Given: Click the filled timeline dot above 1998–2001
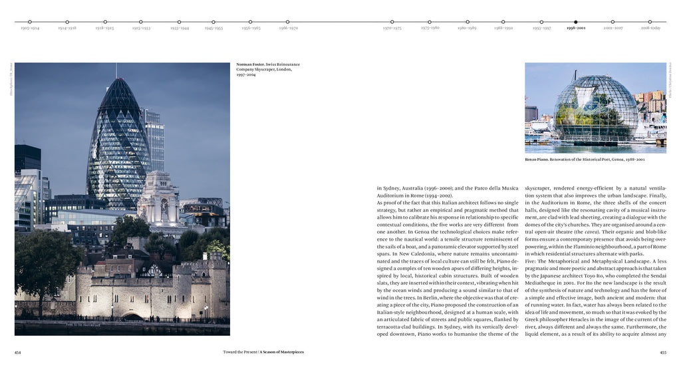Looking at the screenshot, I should (x=576, y=22).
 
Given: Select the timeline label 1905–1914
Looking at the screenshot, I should (x=30, y=29).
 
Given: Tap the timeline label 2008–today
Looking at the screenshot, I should (x=650, y=29).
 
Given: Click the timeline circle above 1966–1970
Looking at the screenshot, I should (x=288, y=22).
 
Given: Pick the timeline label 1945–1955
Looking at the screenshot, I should (x=213, y=29).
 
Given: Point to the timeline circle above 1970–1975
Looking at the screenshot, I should (x=392, y=22).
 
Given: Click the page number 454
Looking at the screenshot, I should (x=18, y=352).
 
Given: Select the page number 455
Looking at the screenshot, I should (x=662, y=352).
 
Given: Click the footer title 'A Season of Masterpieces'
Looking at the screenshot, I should (x=282, y=352).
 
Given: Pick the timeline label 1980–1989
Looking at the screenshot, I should (x=467, y=29).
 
